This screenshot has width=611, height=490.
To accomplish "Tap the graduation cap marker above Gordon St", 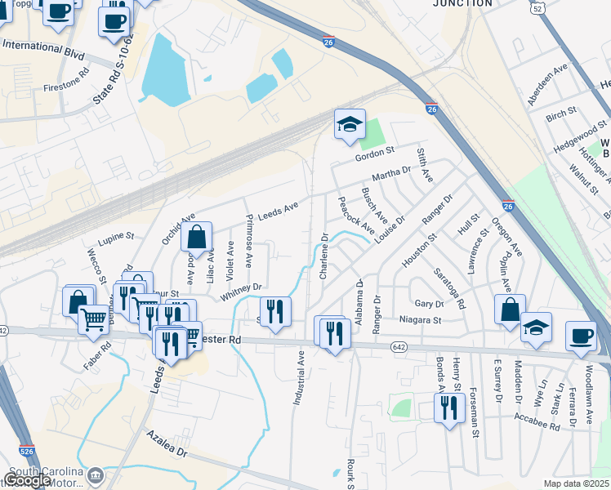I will coord(350,125).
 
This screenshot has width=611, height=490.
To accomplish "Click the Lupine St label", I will coord(117,236).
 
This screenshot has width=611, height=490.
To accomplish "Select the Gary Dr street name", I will coord(428,303).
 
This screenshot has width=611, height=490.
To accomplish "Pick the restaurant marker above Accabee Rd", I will coord(448,408).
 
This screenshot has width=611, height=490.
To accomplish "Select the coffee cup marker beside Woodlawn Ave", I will coord(582,336).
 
